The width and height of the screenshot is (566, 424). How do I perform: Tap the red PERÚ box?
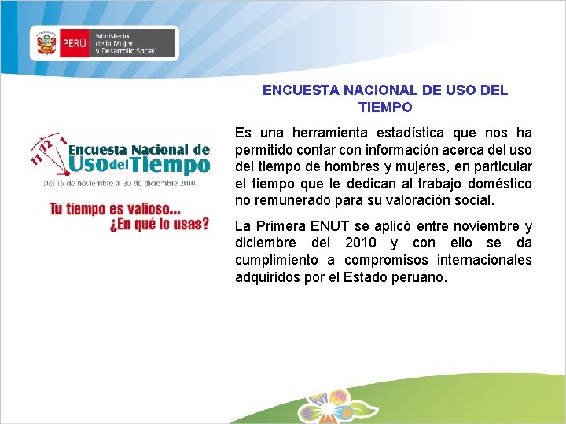tap(74, 44)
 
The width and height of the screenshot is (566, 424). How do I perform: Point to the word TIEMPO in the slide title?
tap(385, 107)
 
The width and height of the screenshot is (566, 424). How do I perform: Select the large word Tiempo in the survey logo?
tap(172, 164)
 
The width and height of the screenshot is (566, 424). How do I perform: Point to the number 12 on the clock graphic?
tap(46, 144)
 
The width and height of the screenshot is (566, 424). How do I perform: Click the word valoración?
tap(419, 200)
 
